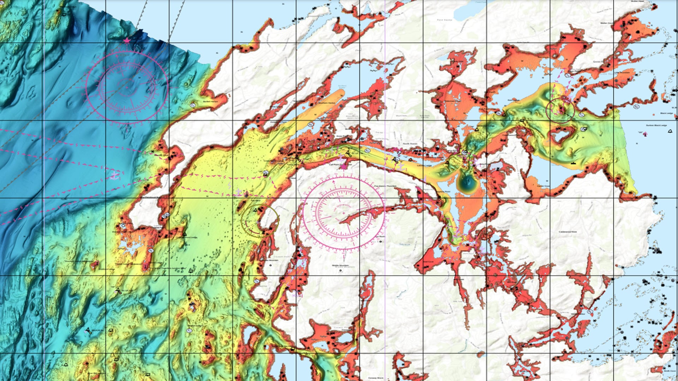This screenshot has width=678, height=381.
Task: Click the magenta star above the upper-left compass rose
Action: [x=127, y=41]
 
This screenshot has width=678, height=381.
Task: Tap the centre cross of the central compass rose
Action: [x=344, y=213]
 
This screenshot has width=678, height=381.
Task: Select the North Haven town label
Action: [x=410, y=144]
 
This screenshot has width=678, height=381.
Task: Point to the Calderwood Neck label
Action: [x=567, y=232]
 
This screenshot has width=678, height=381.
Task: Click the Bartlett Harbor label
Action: [x=210, y=102]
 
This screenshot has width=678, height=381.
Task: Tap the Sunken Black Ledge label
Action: [x=656, y=126]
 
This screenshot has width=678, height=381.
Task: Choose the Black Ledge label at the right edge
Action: [x=667, y=113]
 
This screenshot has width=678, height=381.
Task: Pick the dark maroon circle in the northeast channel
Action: [x=560, y=110]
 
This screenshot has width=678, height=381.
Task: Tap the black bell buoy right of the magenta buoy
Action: [x=670, y=132]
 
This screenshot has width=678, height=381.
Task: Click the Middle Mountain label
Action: [x=340, y=266]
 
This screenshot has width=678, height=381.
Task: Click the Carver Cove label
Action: [x=543, y=186]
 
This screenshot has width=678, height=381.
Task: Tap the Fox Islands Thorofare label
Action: [x=385, y=186]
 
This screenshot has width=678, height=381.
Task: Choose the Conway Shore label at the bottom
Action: [x=376, y=378]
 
